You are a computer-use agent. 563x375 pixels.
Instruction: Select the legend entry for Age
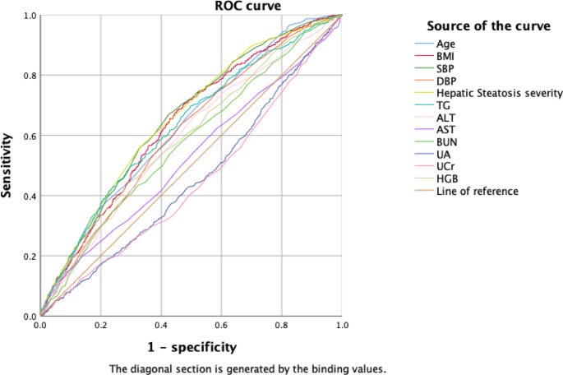[x=446, y=44]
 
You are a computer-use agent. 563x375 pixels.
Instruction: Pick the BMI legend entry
[x=447, y=56]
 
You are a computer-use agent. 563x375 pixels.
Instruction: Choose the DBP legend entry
[x=447, y=81]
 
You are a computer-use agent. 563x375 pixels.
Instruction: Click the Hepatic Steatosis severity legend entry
[x=499, y=93]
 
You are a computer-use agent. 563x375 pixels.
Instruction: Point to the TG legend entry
[x=444, y=105]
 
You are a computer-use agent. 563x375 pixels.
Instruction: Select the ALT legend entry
[x=446, y=118]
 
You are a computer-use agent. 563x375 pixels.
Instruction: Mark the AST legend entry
[x=446, y=130]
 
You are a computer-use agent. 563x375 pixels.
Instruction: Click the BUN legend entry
[x=447, y=142]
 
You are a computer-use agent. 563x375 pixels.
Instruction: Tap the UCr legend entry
[x=446, y=167]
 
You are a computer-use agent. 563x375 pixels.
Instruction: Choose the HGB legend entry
[x=447, y=179]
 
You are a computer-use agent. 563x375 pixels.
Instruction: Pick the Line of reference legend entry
[x=477, y=192]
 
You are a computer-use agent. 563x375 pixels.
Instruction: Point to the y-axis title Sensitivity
[x=7, y=164]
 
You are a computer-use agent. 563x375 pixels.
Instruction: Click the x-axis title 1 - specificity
[x=192, y=346]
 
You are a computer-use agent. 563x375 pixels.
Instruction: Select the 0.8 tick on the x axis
[x=282, y=326]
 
